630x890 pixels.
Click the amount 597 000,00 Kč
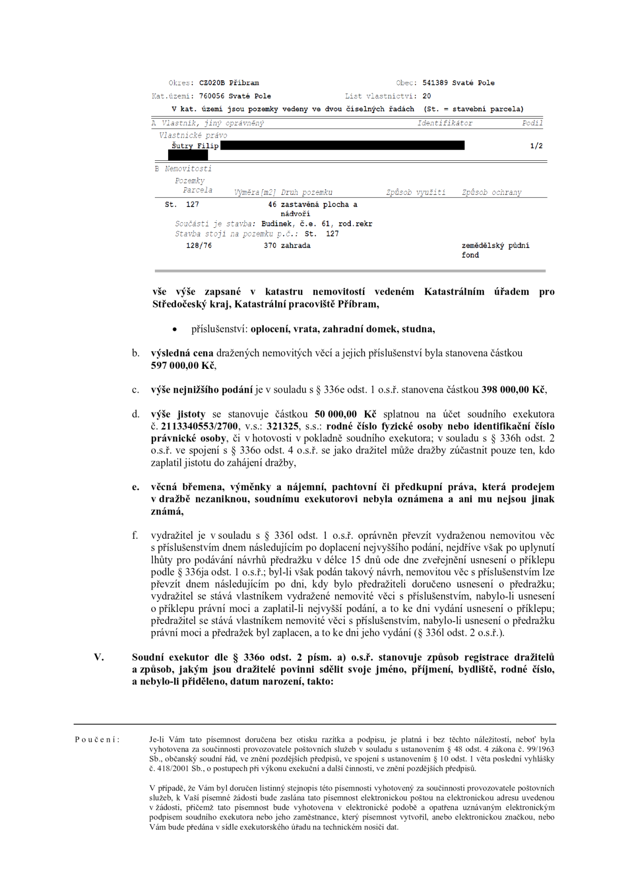(x=183, y=365)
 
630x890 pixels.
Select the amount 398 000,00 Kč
(x=514, y=390)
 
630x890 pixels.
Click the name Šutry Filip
(x=195, y=146)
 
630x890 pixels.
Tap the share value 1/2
(x=536, y=146)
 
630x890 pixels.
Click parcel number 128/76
(x=199, y=246)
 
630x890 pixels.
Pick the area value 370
(x=270, y=246)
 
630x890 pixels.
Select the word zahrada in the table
(x=295, y=246)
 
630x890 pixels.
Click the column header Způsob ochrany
(x=491, y=193)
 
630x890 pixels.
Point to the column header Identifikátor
(x=445, y=123)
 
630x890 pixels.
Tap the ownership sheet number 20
(x=426, y=96)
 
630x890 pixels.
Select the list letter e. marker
(x=136, y=487)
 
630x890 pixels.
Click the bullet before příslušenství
(x=174, y=329)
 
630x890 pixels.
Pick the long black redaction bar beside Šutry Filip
(x=343, y=146)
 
